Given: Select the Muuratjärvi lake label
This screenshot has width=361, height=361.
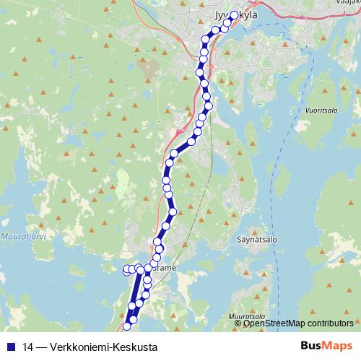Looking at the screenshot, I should click(x=22, y=235).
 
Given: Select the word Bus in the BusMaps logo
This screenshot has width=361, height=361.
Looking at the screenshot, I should click(x=312, y=345).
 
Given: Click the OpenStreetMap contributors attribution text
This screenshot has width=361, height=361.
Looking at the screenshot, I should click(x=297, y=323).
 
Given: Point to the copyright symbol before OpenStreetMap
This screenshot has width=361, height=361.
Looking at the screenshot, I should click(x=238, y=323).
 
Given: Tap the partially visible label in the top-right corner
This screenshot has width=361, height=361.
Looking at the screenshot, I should click(x=350, y=3).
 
